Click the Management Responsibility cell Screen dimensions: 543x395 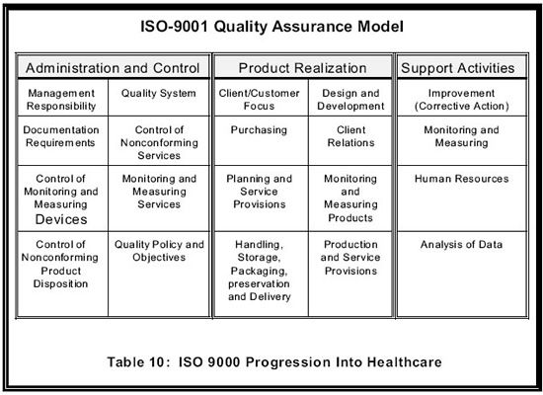[x=62, y=98]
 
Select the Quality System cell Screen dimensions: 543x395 [x=159, y=98]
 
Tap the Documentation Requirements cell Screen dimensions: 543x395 [x=62, y=140]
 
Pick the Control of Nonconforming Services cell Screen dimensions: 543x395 [x=159, y=140]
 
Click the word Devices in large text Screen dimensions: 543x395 [x=61, y=219]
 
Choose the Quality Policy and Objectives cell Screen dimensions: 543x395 [x=159, y=274]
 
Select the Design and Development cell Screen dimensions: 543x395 [x=350, y=98]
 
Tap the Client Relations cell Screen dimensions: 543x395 [x=350, y=140]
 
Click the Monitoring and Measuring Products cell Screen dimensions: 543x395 [x=350, y=198]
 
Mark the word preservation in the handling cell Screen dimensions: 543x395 [x=259, y=283]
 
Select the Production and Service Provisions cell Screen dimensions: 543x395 [x=350, y=274]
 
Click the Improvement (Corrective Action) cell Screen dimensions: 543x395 [x=462, y=98]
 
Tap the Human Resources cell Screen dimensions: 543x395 [x=462, y=198]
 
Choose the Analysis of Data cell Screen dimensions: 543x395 [x=462, y=274]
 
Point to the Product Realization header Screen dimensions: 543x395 [x=303, y=67]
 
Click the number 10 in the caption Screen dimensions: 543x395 [x=157, y=362]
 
